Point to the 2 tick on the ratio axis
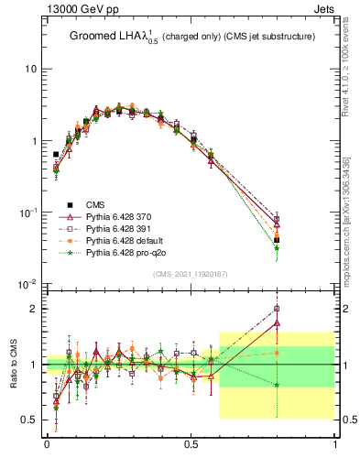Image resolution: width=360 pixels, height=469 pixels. [33, 309]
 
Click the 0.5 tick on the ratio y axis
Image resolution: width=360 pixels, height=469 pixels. [29, 420]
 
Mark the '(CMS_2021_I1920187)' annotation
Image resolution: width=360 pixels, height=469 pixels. [191, 275]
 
